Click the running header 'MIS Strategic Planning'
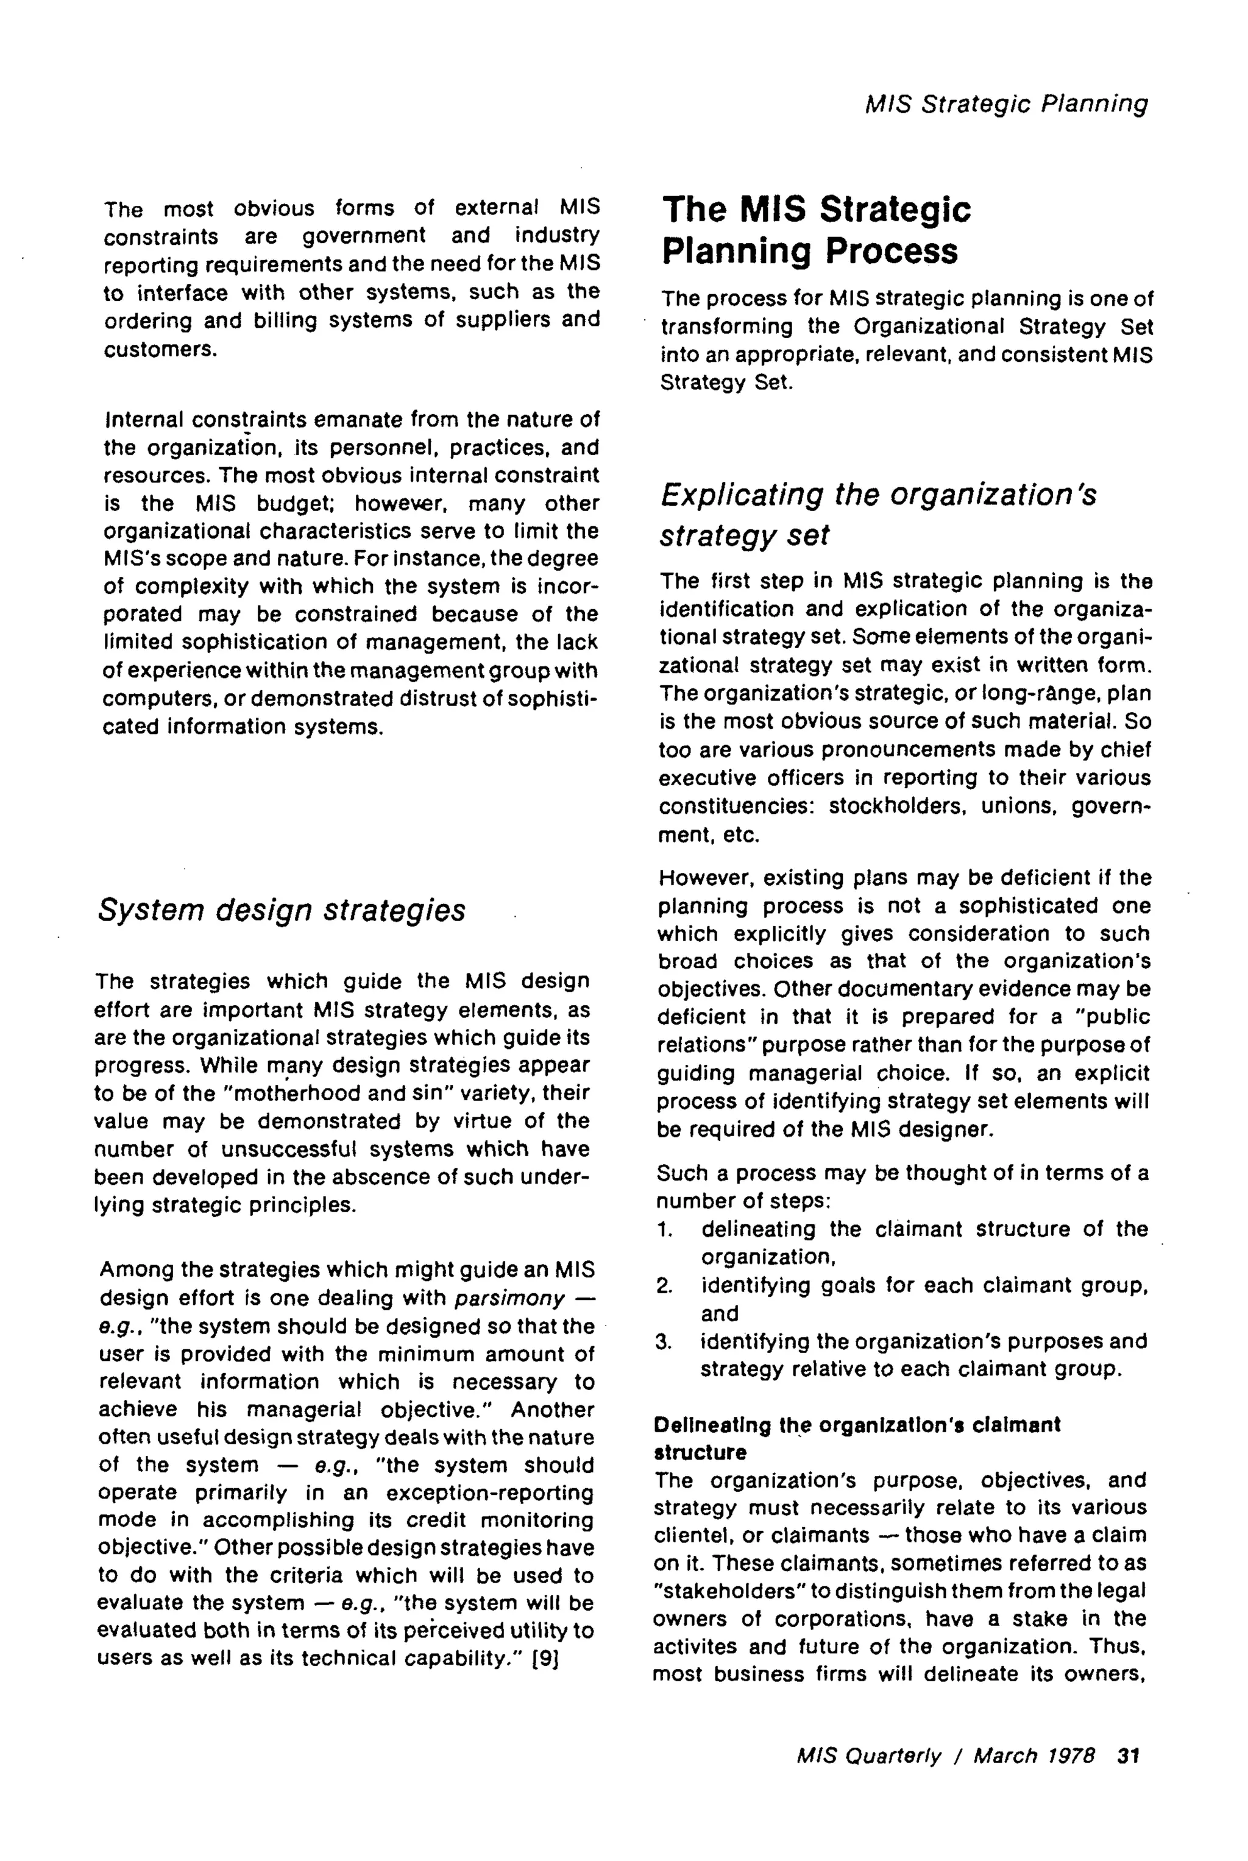pos(1006,104)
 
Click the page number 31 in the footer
pos(1129,1755)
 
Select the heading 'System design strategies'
pos(281,910)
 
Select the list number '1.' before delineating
pos(665,1229)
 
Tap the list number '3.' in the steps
pos(665,1341)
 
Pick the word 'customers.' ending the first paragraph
pos(161,349)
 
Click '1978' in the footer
pos(1068,1755)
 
